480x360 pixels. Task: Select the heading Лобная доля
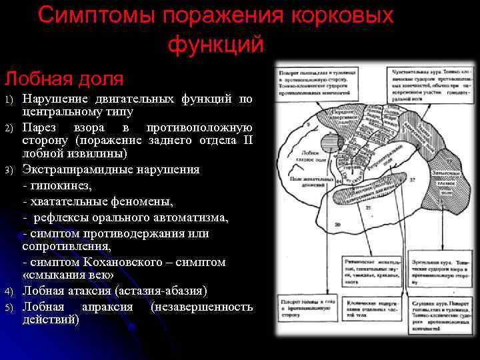(64, 79)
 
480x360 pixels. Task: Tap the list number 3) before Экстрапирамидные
(9, 170)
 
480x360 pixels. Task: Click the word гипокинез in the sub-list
(62, 185)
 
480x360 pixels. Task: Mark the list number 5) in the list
(9, 307)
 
